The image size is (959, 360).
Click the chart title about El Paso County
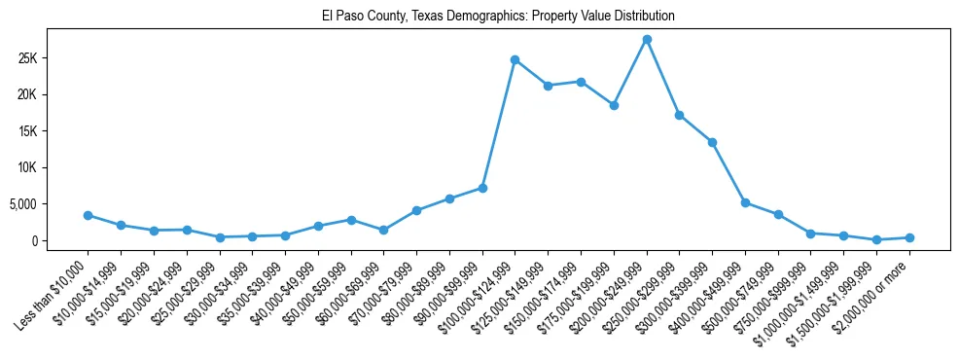(x=498, y=17)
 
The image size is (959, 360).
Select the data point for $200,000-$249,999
(x=647, y=39)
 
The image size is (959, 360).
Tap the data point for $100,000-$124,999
(x=515, y=59)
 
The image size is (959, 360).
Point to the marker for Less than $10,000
(x=88, y=215)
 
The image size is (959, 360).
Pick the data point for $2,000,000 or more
(x=909, y=237)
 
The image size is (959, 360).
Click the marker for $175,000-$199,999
(x=614, y=105)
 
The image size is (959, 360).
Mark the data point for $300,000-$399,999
(x=712, y=142)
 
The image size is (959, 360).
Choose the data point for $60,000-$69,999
(x=383, y=230)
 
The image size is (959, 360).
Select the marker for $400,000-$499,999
(x=745, y=202)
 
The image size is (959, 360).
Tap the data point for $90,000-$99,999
(x=482, y=188)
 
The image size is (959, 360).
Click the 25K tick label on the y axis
(x=54, y=58)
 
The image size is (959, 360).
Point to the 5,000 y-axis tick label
(x=49, y=204)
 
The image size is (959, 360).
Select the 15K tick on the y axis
(x=54, y=131)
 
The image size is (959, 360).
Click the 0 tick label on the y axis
(x=62, y=241)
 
